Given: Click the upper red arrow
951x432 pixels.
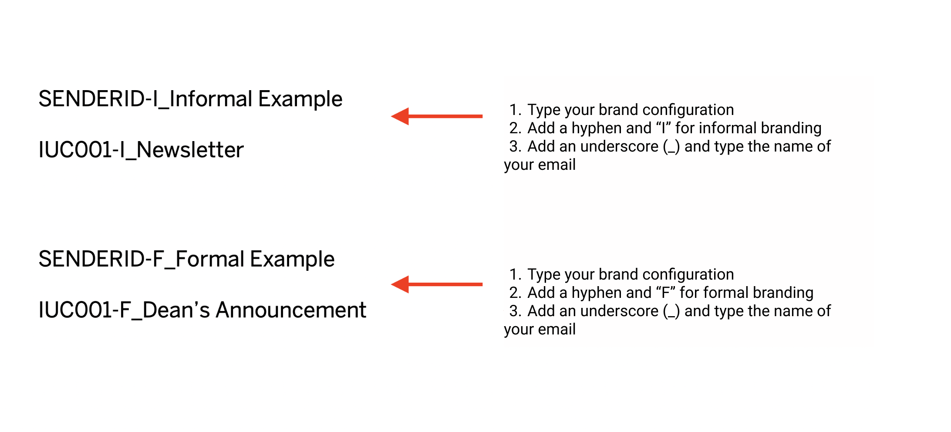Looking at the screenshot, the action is tap(437, 116).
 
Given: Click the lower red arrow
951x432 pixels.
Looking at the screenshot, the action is tap(437, 284).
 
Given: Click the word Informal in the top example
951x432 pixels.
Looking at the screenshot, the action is tap(211, 99).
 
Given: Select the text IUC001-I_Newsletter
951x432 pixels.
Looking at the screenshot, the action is tap(141, 150).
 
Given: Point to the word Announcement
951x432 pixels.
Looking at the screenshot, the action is tap(291, 310).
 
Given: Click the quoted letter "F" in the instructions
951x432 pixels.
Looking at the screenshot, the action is tap(665, 293).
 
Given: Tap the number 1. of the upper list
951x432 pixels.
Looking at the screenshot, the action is tap(516, 110).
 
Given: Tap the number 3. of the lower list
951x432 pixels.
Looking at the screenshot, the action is tap(516, 311).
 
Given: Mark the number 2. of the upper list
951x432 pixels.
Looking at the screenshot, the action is tap(516, 128).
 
